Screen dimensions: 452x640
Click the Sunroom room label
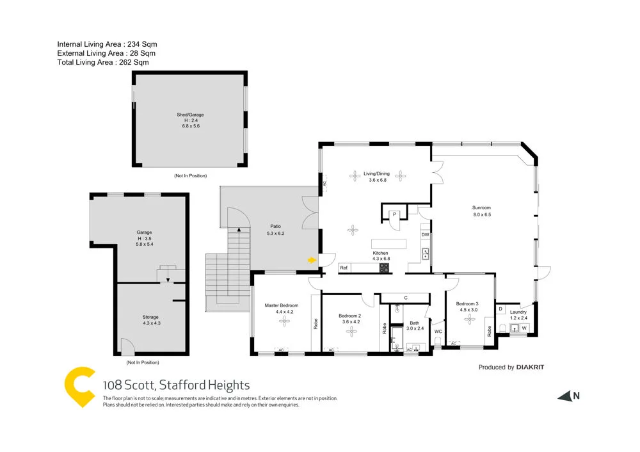tap(482, 207)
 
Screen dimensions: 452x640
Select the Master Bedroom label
tap(282, 305)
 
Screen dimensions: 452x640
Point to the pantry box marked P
tap(395, 214)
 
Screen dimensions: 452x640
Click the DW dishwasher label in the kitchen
tap(425, 235)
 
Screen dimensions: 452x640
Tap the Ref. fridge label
tap(344, 268)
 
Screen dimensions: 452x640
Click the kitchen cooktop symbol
tap(383, 268)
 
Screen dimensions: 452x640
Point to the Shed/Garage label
tap(190, 115)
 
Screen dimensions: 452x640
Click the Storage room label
tap(150, 317)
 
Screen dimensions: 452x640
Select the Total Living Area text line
tap(103, 63)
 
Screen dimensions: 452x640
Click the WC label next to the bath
tap(438, 332)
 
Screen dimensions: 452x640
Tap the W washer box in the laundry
tap(524, 328)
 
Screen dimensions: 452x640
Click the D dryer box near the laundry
tap(500, 309)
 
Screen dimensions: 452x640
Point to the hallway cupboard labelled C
tap(406, 298)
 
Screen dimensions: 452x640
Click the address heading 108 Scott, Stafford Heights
tap(177, 385)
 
